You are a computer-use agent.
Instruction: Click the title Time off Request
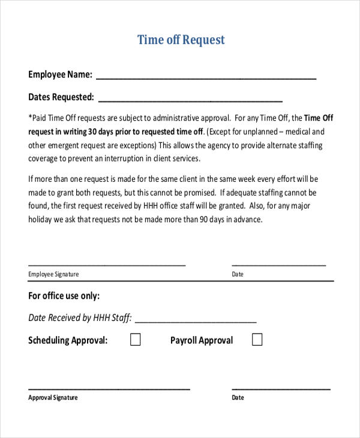click(181, 40)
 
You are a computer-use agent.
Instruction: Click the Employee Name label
click(60, 75)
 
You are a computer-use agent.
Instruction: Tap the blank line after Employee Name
click(206, 78)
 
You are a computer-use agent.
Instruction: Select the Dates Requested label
click(61, 97)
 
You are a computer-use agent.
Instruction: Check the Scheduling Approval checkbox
click(136, 340)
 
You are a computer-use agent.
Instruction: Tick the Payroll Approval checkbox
click(257, 340)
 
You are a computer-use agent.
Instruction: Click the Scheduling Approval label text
click(68, 341)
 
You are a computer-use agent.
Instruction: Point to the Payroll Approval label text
click(202, 341)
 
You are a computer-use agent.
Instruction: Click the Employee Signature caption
click(53, 274)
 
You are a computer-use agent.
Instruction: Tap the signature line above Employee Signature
click(107, 265)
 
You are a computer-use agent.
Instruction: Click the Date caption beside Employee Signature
click(238, 274)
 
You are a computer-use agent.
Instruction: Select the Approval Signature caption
click(53, 398)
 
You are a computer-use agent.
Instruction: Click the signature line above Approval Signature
click(109, 389)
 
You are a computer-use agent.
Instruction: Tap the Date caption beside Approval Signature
click(238, 398)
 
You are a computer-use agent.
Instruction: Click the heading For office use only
click(64, 296)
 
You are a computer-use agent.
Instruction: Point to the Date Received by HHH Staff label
click(79, 318)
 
